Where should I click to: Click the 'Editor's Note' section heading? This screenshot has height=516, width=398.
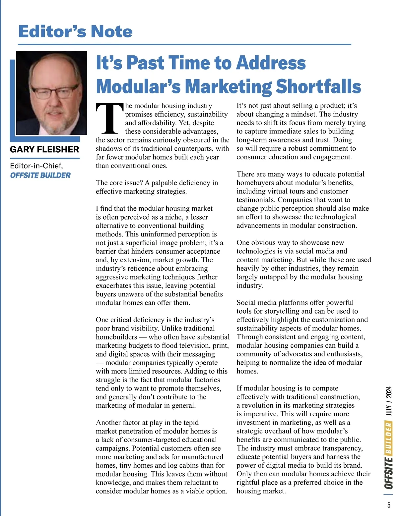click(75, 31)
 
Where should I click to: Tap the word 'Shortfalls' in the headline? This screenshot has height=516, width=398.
click(318, 86)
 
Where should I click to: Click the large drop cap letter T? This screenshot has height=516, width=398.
click(109, 118)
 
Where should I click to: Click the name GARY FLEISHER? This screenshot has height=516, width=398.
click(44, 149)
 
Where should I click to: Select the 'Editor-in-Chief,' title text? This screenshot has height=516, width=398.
click(36, 165)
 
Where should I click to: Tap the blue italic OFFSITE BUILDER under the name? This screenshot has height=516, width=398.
click(40, 175)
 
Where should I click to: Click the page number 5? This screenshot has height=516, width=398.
click(388, 505)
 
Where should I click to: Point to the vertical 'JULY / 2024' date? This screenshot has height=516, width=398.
click(389, 401)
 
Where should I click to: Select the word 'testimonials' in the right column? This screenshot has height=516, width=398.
click(256, 200)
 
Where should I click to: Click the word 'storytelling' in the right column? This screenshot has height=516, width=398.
click(280, 311)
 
